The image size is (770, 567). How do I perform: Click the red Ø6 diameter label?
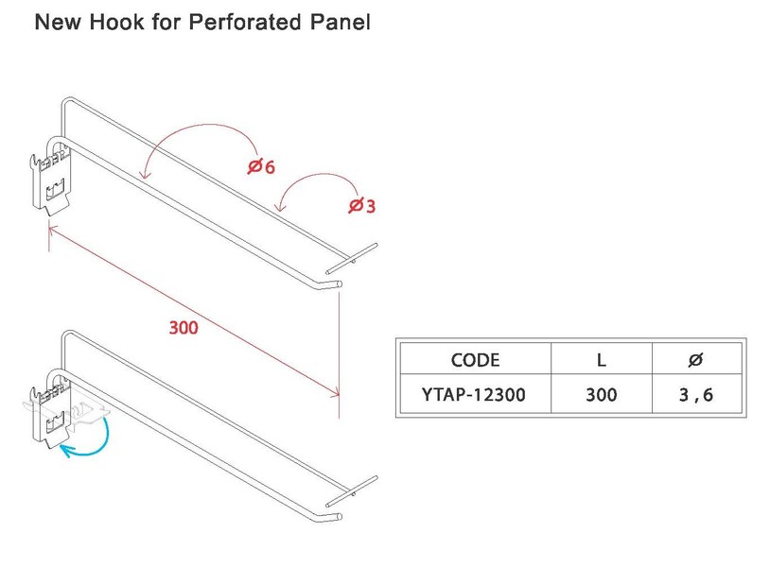pos(260,166)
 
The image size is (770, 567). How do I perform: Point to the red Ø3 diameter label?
pos(361,204)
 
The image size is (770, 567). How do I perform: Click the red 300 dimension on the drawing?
pos(183,329)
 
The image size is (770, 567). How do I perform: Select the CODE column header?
pos(475,360)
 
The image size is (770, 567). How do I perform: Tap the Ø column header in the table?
pos(695,360)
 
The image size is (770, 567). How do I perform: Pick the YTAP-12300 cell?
pos(475,395)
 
